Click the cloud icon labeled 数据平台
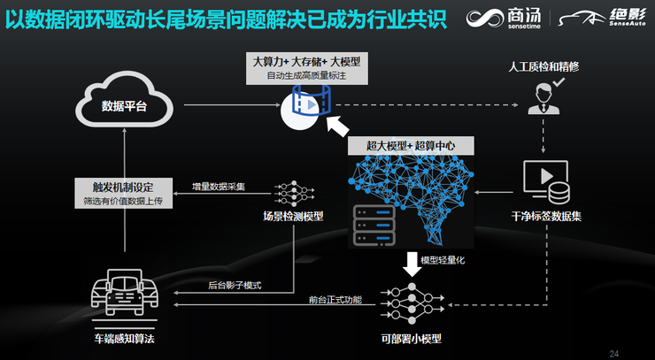pos(125,99)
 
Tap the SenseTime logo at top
pos(504,19)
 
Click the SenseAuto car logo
pos(602,18)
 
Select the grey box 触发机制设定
pos(123,193)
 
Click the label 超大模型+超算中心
pos(411,145)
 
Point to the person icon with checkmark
pos(545,96)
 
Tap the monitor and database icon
pos(546,182)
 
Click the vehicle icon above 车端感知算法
pos(124,292)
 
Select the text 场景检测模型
pos(293,217)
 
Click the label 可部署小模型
pos(412,338)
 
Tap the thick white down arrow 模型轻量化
pos(412,264)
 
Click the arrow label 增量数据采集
pos(219,187)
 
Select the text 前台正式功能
pos(335,300)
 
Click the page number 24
pos(613,354)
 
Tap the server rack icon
pos(374,226)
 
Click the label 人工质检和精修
pos(543,67)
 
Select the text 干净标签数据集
pos(546,217)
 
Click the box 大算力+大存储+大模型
pos(307,68)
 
